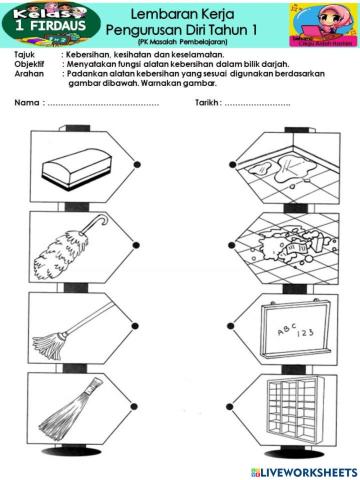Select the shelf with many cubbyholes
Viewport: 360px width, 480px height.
pos(290,408)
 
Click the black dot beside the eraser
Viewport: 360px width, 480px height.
pos(137,162)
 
